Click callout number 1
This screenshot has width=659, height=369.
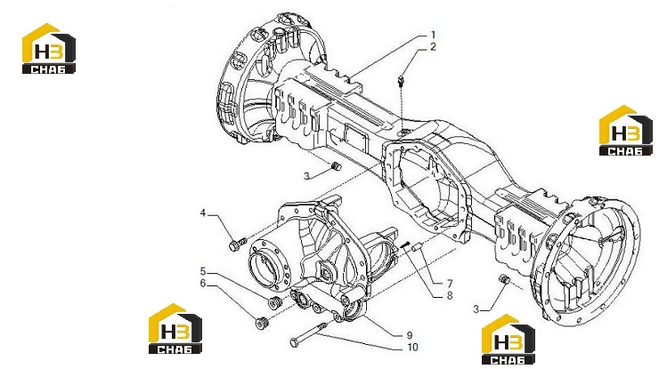[433, 35]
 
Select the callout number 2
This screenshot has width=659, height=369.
[433, 47]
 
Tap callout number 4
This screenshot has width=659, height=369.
[202, 213]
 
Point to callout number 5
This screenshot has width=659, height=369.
[202, 271]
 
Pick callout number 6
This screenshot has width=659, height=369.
[203, 284]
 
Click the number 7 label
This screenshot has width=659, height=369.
[450, 284]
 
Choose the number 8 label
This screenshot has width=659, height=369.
[450, 295]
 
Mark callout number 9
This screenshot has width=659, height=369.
[410, 335]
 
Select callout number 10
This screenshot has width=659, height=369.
[412, 347]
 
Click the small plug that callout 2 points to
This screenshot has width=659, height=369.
[401, 80]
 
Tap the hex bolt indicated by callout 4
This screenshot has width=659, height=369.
[237, 244]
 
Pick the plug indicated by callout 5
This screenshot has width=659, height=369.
[275, 301]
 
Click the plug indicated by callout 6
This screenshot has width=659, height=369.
[262, 323]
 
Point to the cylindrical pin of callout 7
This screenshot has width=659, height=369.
[418, 248]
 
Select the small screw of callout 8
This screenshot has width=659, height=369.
[405, 245]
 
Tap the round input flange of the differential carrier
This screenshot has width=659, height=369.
[267, 264]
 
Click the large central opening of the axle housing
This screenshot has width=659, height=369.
[425, 185]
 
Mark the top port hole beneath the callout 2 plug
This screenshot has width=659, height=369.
[405, 133]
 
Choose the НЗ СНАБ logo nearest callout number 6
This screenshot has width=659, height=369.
[175, 329]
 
